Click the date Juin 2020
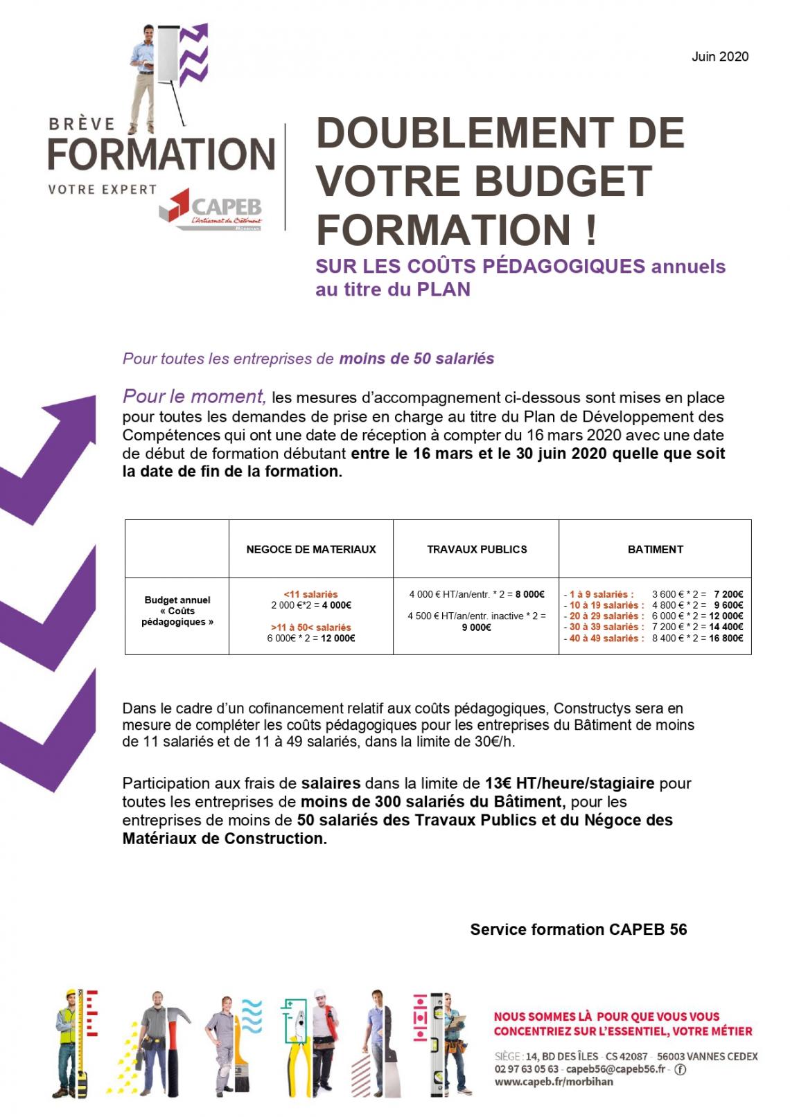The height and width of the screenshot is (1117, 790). [x=719, y=57]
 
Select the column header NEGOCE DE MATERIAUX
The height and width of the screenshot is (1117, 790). [x=311, y=549]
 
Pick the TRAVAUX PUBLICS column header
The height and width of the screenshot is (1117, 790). [x=477, y=549]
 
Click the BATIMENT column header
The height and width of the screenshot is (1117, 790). [x=655, y=549]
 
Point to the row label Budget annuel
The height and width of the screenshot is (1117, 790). [x=177, y=600]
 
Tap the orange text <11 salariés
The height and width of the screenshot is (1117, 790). [x=310, y=594]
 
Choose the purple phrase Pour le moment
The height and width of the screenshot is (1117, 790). [x=194, y=396]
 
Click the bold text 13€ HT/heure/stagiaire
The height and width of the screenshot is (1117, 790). [x=569, y=783]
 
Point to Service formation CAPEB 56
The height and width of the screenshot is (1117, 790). [x=578, y=929]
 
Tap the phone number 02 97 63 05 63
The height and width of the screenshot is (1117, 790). [x=526, y=1069]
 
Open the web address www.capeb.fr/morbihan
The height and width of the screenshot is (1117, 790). [x=554, y=1082]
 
